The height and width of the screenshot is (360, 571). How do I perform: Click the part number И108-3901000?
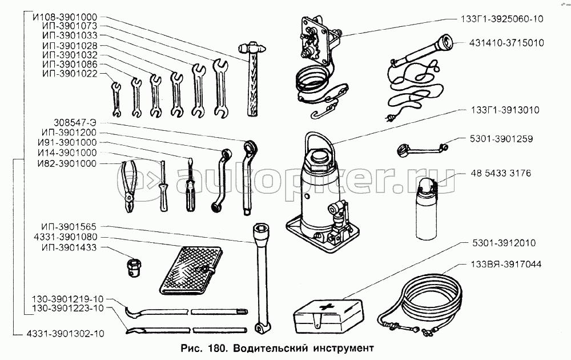click(65, 17)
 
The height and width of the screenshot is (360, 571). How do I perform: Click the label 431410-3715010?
click(506, 42)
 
